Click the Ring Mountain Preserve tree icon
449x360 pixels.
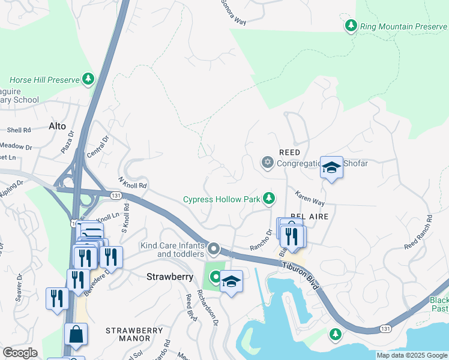351,26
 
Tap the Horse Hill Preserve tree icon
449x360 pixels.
88,79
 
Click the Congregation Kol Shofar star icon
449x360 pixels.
267,163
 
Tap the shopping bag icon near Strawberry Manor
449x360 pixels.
76,335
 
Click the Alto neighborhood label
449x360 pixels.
57,127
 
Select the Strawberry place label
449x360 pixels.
170,277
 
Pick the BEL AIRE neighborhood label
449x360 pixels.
309,216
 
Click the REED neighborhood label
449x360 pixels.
289,152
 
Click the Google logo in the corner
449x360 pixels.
20,353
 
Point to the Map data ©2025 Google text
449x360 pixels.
412,355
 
